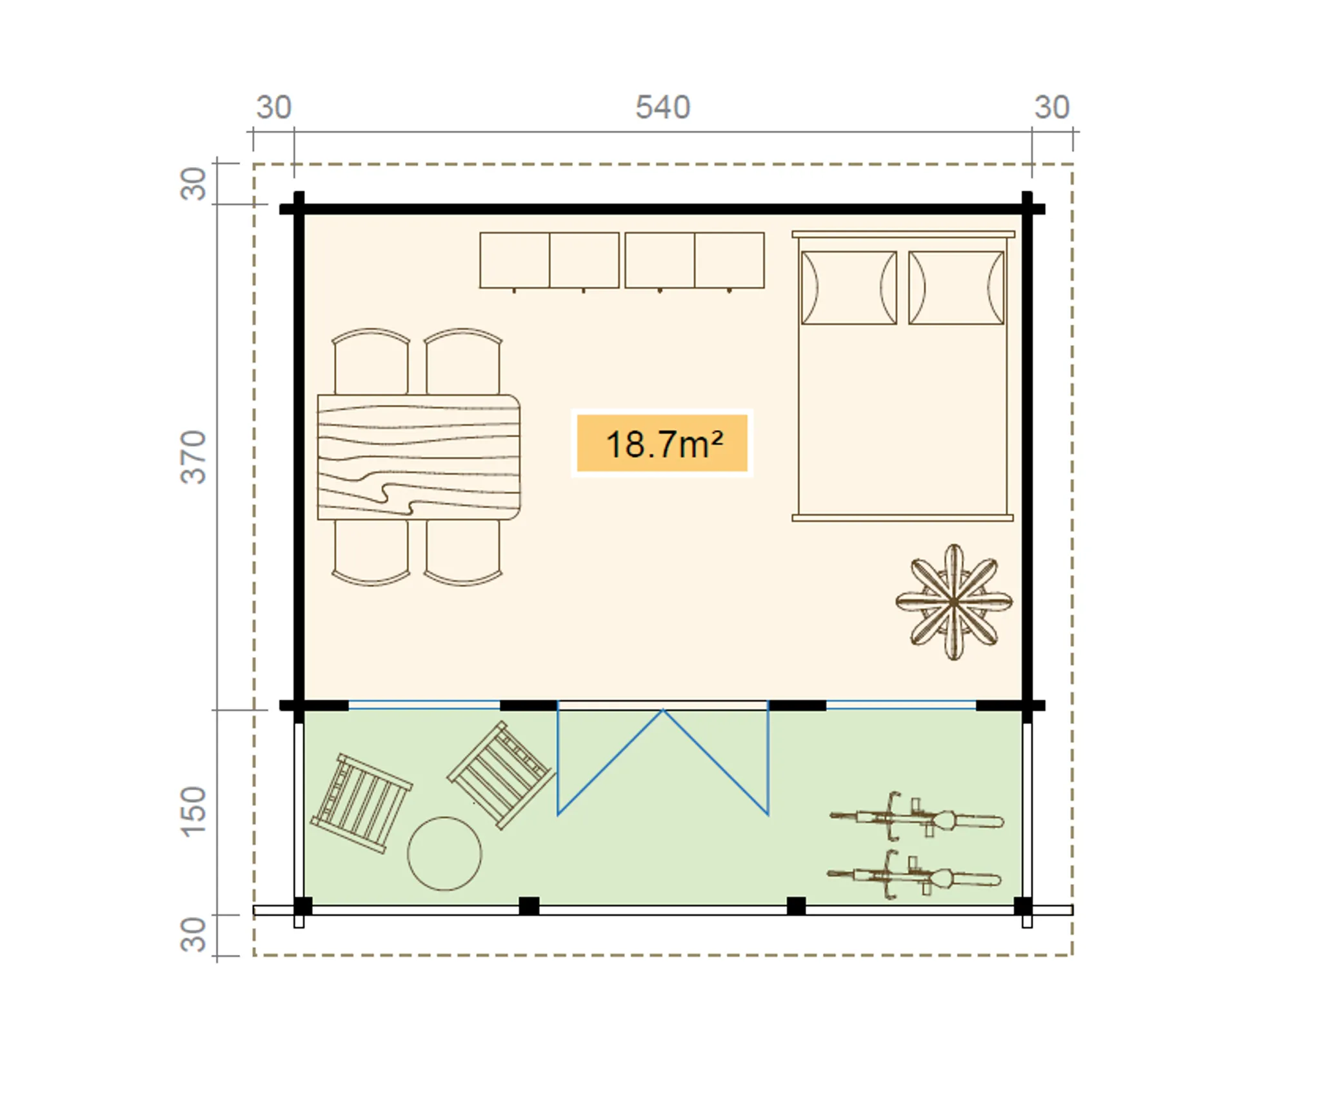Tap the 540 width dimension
pos(662,107)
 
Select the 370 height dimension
pos(193,457)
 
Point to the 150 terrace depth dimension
pos(193,811)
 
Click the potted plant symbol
pos(953,602)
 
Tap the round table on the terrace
pos(444,854)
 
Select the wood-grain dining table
pos(419,457)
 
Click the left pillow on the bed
pos(849,288)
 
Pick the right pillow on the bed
pos(956,288)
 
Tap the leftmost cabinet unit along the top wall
pos(514,261)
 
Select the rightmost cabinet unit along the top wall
pos(730,261)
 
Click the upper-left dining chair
pos(371,362)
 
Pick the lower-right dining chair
pos(463,552)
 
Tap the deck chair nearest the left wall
pos(361,803)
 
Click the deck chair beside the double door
pos(501,776)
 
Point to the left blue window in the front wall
pos(424,705)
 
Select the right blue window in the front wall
pos(901,705)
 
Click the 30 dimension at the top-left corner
pos(273,107)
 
